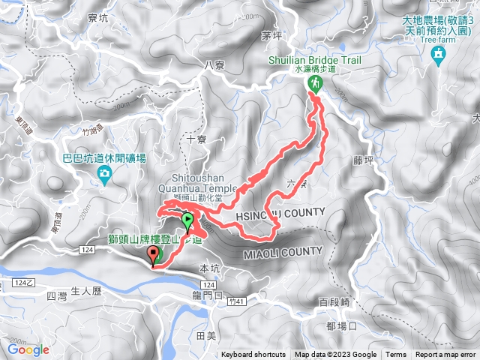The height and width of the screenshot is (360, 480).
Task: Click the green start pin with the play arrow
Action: (187, 220)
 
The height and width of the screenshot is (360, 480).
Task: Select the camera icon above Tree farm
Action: (439, 54)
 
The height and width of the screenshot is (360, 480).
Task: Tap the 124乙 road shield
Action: (22, 282)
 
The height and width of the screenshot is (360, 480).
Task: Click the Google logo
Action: (28, 349)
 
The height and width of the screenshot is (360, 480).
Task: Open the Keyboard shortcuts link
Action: (253, 355)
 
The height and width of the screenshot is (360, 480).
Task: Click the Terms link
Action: (396, 355)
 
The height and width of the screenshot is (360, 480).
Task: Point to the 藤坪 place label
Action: (361, 159)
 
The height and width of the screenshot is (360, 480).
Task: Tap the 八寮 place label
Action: (214, 65)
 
